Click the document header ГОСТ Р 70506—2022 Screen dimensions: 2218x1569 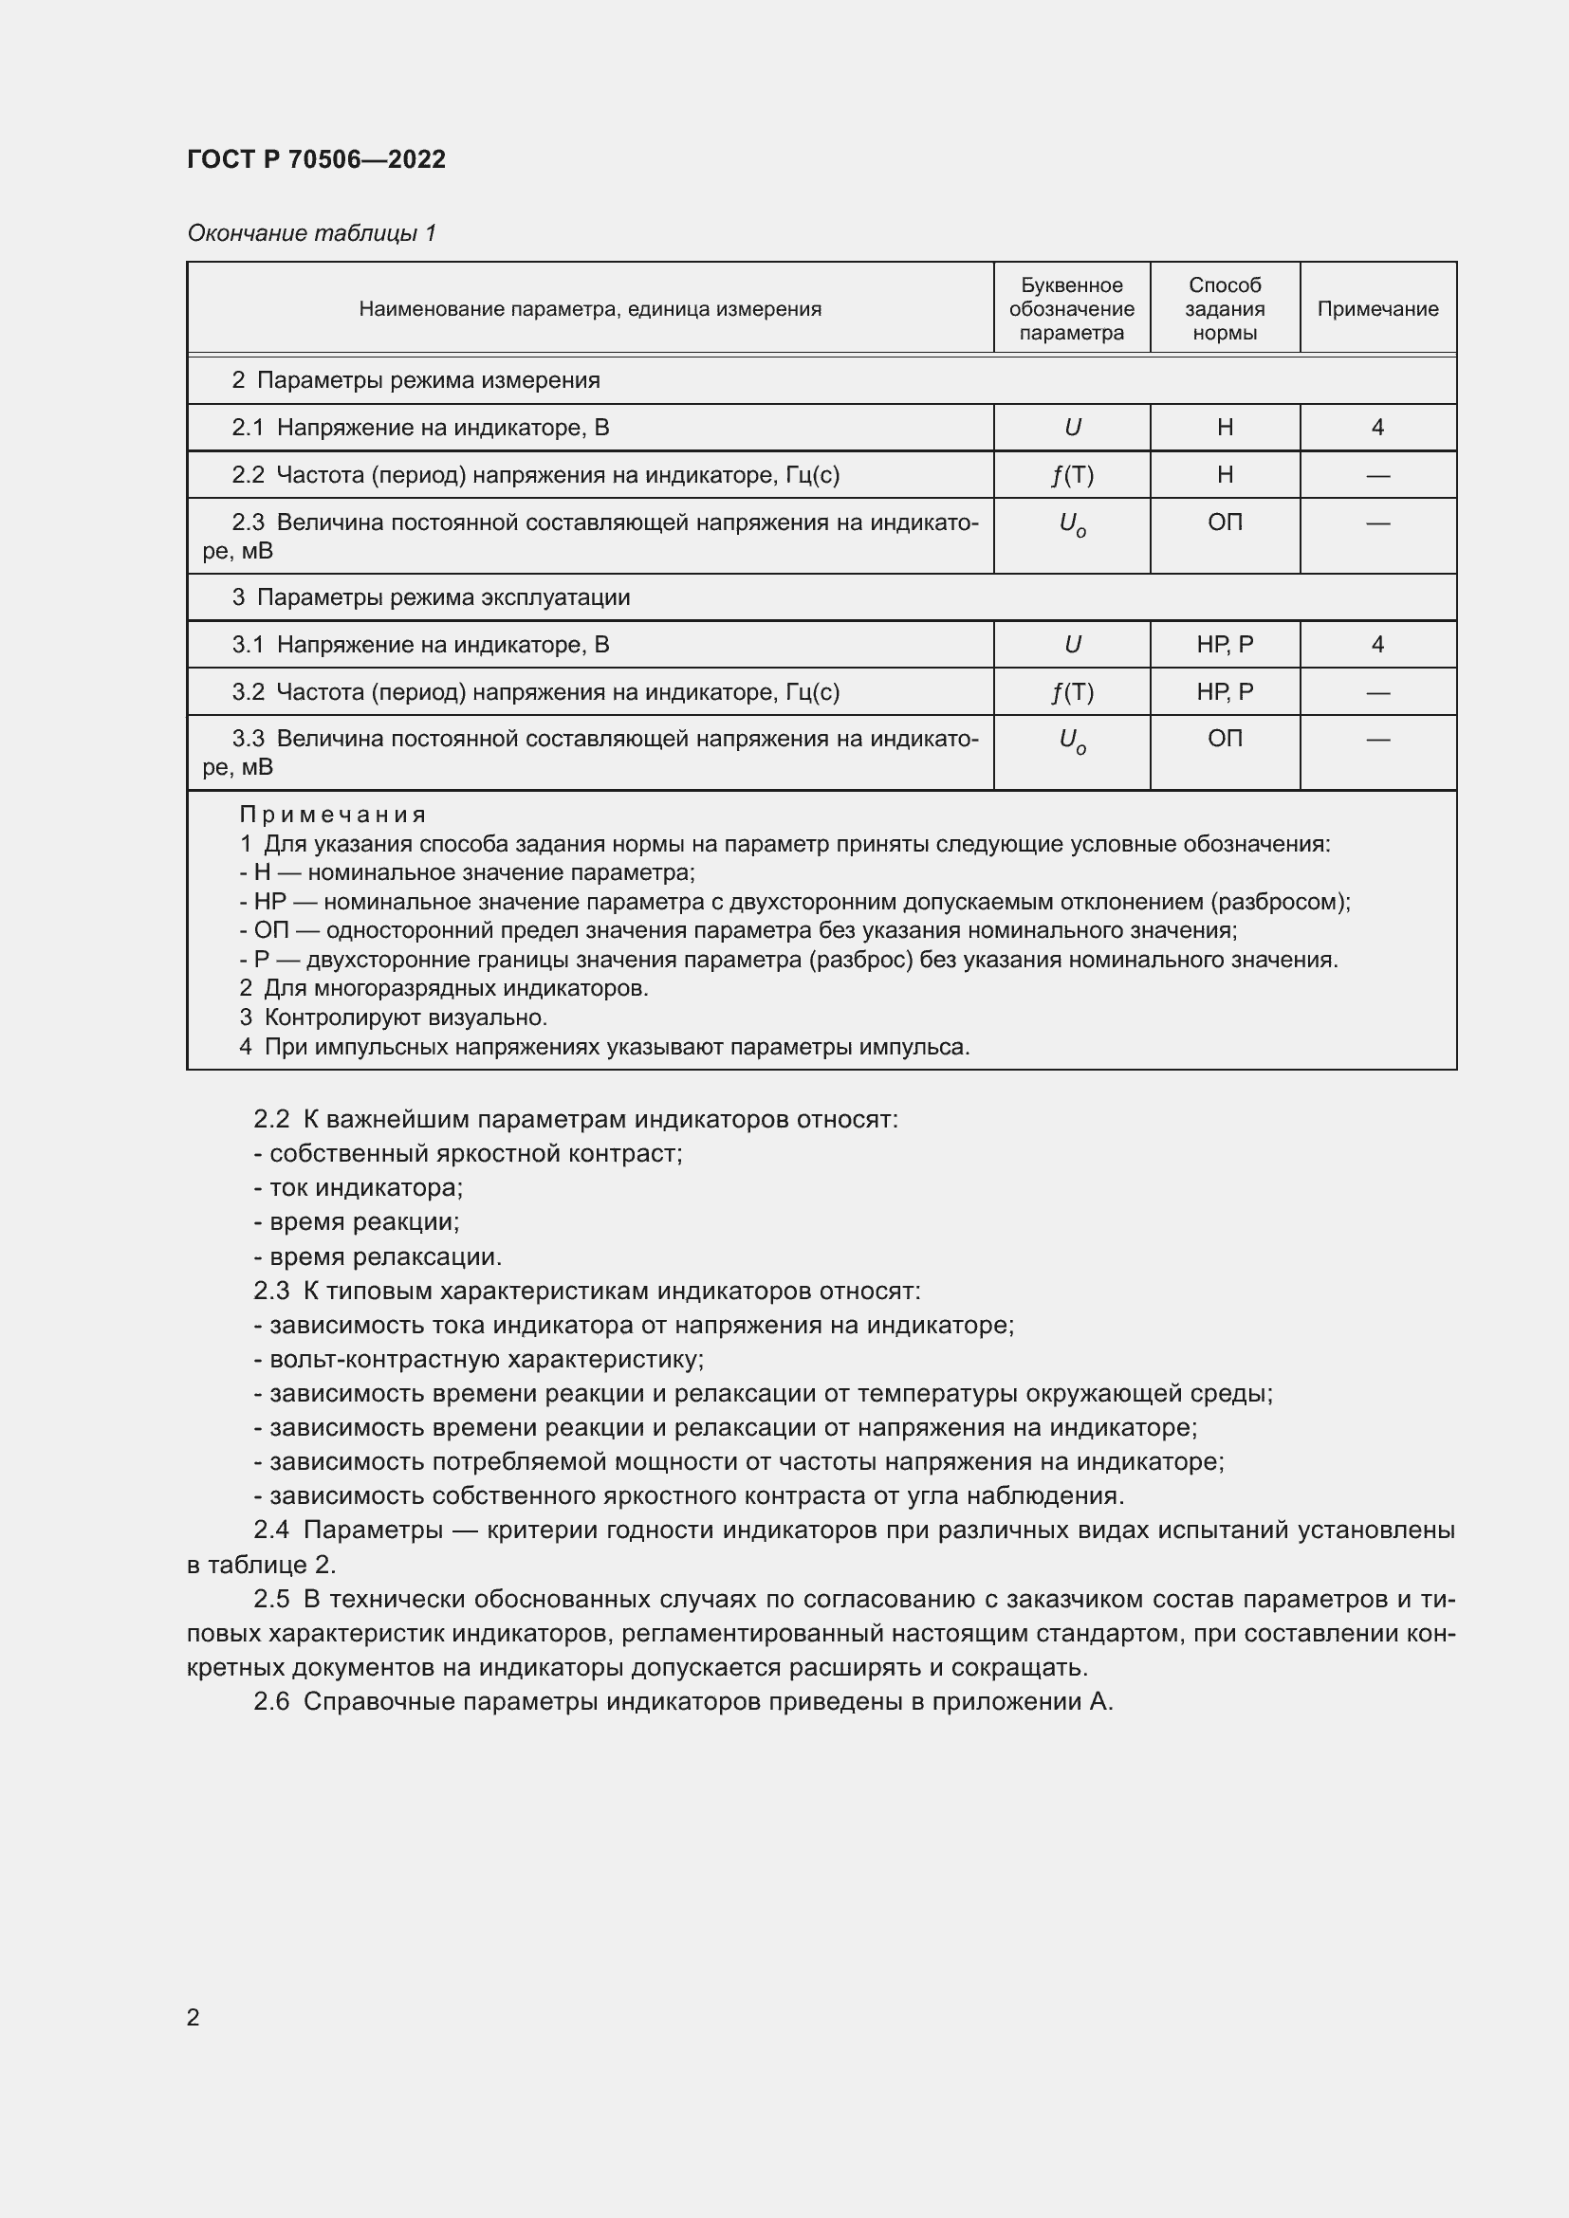pos(316,159)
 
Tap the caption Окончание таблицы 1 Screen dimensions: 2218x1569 pos(311,233)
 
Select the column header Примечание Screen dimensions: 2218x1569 pos(1376,309)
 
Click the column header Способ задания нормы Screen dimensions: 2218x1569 pos(1224,309)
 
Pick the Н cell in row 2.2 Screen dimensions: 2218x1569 pos(1224,475)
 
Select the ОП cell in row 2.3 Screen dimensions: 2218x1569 pos(1224,522)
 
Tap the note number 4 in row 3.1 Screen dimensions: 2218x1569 pos(1376,644)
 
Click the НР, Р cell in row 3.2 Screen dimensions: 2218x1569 pos(1224,691)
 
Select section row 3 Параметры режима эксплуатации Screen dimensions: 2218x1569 pos(431,597)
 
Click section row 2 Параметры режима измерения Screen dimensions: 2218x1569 pos(415,380)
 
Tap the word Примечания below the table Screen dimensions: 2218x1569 pos(332,815)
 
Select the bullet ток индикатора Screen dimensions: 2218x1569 pos(359,1187)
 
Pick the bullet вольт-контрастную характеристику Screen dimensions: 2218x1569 pos(479,1359)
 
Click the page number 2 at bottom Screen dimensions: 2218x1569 pos(194,2017)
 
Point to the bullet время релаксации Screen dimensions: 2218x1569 pos(378,1256)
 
